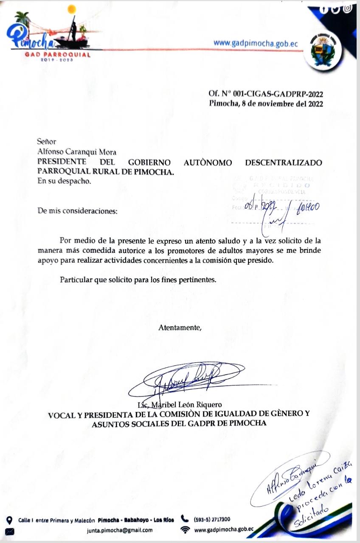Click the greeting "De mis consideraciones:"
[77, 211]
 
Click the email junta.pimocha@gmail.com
[120, 530]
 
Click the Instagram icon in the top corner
[347, 8]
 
